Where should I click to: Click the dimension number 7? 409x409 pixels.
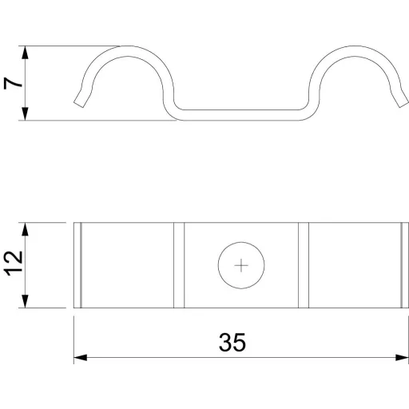point(13,83)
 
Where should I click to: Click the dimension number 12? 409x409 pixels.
point(13,263)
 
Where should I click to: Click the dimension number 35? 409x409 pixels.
point(232,342)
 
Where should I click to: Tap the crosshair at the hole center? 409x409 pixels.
point(241,265)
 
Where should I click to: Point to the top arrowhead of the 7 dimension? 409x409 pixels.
point(25,53)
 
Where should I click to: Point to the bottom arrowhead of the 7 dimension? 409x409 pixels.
point(25,113)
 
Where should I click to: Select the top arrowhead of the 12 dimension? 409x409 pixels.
point(25,229)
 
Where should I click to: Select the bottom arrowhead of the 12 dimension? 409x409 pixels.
point(25,301)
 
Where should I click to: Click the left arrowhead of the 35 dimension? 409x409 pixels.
point(81,358)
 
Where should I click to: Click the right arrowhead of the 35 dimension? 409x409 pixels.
point(402,358)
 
